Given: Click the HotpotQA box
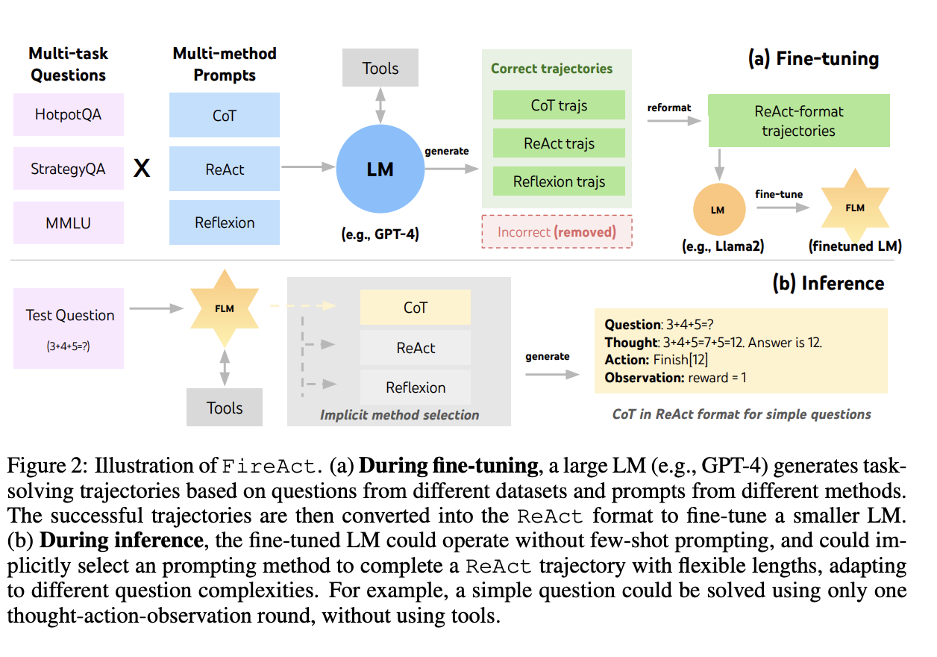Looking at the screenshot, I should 68,115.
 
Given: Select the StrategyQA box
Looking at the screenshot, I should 68,169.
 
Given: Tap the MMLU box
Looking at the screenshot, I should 68,222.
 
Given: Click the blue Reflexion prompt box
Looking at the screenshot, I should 225,222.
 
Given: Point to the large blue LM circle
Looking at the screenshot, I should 380,169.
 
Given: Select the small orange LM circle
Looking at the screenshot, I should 718,210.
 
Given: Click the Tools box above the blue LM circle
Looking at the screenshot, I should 380,69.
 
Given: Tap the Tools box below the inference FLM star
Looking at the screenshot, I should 225,408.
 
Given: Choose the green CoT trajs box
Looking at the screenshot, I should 559,105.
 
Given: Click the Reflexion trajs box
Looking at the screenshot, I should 559,181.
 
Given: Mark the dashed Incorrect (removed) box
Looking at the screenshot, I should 557,231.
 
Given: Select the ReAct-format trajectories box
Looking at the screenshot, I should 799,121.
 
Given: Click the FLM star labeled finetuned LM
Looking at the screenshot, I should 855,208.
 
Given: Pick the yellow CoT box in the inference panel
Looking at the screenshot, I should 416,308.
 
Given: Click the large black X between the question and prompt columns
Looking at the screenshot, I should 142,169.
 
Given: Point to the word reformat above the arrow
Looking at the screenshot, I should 668,108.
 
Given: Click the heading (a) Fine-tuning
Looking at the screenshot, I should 813,59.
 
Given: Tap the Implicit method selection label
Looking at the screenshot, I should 399,415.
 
